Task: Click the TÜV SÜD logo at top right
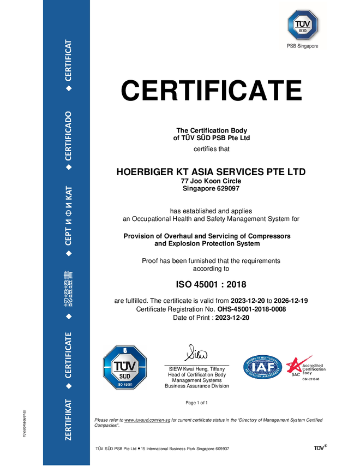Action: click(303, 25)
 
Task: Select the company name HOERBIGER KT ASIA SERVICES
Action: click(211, 172)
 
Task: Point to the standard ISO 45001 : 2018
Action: click(211, 284)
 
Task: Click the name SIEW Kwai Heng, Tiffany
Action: click(197, 369)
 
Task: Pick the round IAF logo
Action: click(262, 367)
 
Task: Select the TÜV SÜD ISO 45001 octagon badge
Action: click(125, 367)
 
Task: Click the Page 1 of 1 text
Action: click(197, 403)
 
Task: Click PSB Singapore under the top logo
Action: click(303, 46)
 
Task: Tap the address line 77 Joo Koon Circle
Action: click(211, 181)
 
